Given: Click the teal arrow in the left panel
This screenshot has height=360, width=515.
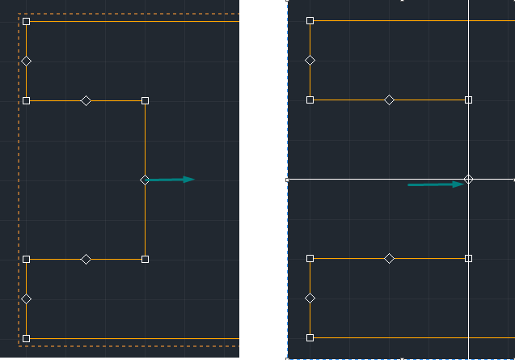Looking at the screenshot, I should (171, 180).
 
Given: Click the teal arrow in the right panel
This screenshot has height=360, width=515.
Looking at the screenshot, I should (435, 184).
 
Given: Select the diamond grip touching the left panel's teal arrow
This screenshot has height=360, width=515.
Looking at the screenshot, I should (145, 180).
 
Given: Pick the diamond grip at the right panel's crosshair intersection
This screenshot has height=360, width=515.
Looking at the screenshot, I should (468, 179).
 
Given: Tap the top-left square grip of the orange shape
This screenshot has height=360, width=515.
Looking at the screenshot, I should (26, 22).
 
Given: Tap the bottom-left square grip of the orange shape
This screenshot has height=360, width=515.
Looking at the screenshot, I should (26, 338).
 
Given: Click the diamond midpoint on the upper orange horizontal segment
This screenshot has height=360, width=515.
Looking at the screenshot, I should (86, 101).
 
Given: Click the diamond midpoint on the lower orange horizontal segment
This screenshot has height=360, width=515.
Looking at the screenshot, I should (86, 259).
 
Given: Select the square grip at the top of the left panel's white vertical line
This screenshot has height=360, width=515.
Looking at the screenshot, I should (145, 101).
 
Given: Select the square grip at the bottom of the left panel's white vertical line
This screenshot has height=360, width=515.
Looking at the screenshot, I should (145, 259).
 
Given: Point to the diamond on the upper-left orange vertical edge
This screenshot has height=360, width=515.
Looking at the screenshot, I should (26, 61).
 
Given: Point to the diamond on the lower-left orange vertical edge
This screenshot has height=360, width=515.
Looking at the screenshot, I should (26, 299).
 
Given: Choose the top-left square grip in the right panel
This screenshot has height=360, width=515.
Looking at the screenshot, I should (310, 20).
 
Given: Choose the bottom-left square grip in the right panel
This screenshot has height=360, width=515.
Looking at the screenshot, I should (310, 337).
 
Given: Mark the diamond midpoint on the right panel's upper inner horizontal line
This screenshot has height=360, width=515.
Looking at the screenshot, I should (389, 100).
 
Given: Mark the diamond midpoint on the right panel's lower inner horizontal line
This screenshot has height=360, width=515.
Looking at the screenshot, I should (389, 258).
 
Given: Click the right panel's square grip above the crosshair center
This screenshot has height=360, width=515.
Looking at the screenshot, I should (468, 100).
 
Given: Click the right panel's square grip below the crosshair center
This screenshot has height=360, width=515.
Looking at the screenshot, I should (468, 258).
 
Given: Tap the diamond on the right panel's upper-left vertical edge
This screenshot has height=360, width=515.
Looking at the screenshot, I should (310, 60).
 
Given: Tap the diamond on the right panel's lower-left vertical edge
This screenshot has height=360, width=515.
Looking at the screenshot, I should (310, 298).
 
